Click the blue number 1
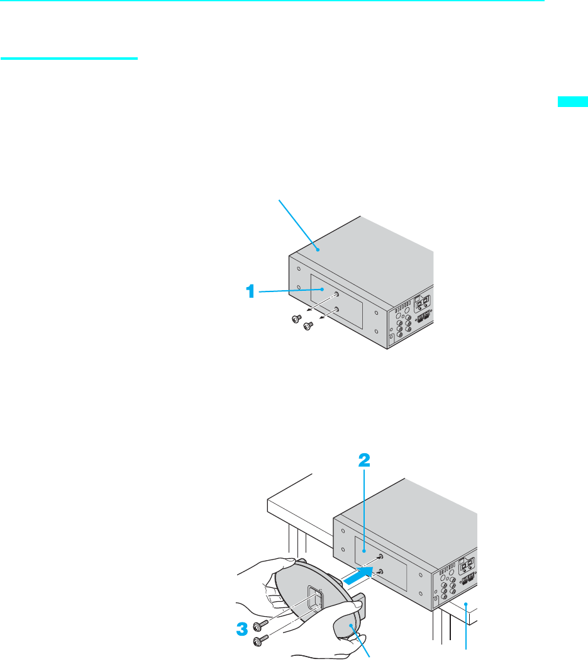250,291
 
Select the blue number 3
240,628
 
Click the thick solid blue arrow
361,575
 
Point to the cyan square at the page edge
572,102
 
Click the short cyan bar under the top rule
69,59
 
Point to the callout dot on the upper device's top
319,249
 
